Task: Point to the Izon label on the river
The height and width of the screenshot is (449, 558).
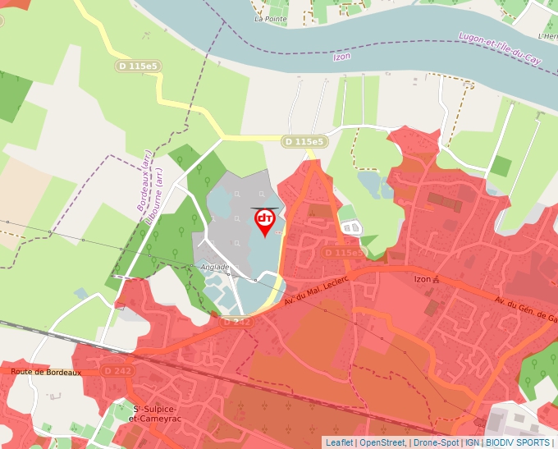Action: [x=341, y=57]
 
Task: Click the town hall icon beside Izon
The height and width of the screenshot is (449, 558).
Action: [x=437, y=279]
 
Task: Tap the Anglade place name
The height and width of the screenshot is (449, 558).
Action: [x=214, y=267]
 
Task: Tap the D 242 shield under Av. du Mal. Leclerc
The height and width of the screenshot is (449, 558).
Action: [x=236, y=322]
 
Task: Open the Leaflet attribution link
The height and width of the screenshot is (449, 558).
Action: [x=339, y=442]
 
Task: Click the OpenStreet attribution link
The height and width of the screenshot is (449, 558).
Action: [x=382, y=442]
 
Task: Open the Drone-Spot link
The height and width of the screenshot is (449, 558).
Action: [x=436, y=442]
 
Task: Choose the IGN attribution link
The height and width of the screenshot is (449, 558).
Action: [x=473, y=442]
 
